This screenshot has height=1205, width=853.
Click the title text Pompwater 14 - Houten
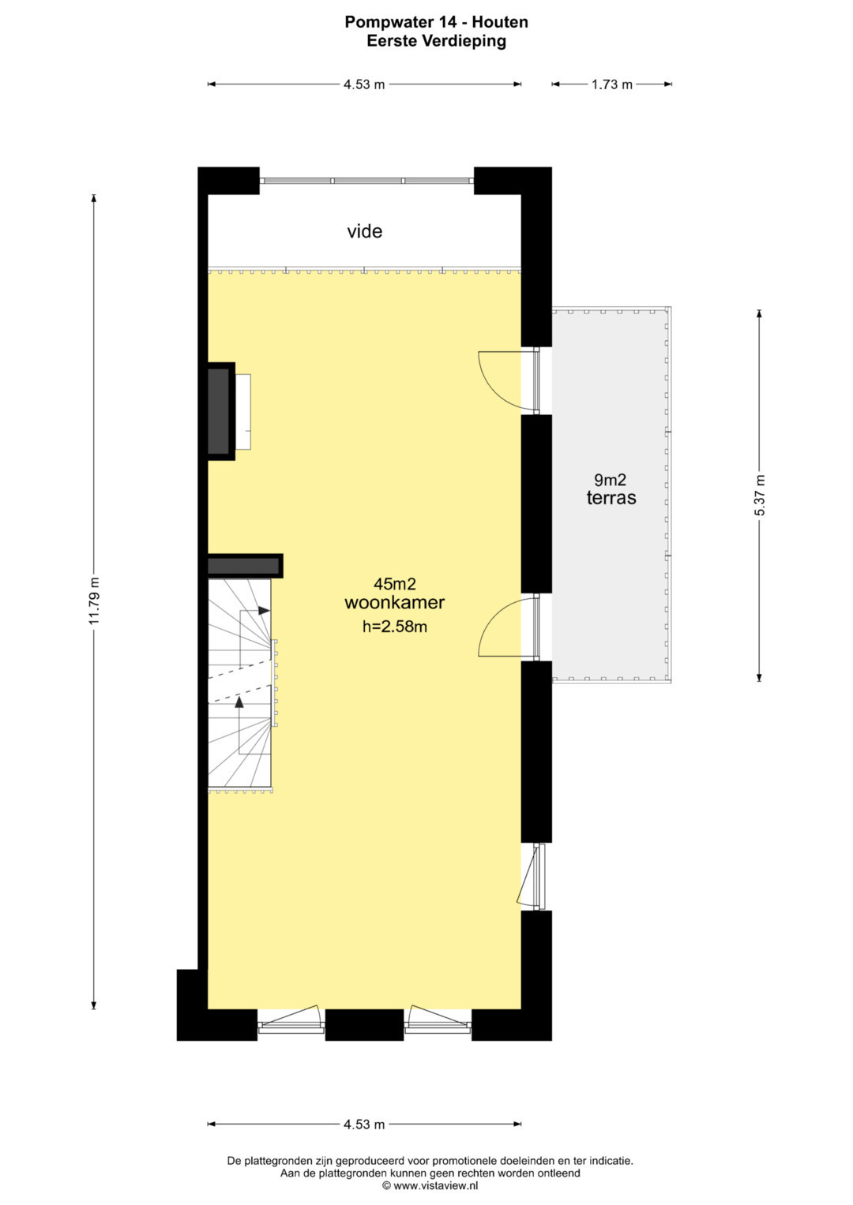436,22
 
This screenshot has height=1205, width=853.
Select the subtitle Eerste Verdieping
436,41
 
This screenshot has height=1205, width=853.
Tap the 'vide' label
365,231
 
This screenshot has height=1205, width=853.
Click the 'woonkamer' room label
395,603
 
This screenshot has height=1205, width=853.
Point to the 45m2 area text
395,584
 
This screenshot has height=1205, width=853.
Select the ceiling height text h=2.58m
395,626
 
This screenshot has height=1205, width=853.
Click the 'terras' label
611,498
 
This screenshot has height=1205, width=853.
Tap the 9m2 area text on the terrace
610,479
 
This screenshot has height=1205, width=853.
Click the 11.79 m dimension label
95,601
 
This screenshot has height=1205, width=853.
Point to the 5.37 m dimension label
759,496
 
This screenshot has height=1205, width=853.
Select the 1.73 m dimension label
612,84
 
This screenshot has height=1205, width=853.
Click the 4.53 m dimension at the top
364,84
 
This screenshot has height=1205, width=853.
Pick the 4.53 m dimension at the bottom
364,1124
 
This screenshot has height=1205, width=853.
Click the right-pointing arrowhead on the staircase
264,611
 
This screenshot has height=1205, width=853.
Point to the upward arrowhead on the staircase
239,702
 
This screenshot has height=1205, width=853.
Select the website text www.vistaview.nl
436,1185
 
